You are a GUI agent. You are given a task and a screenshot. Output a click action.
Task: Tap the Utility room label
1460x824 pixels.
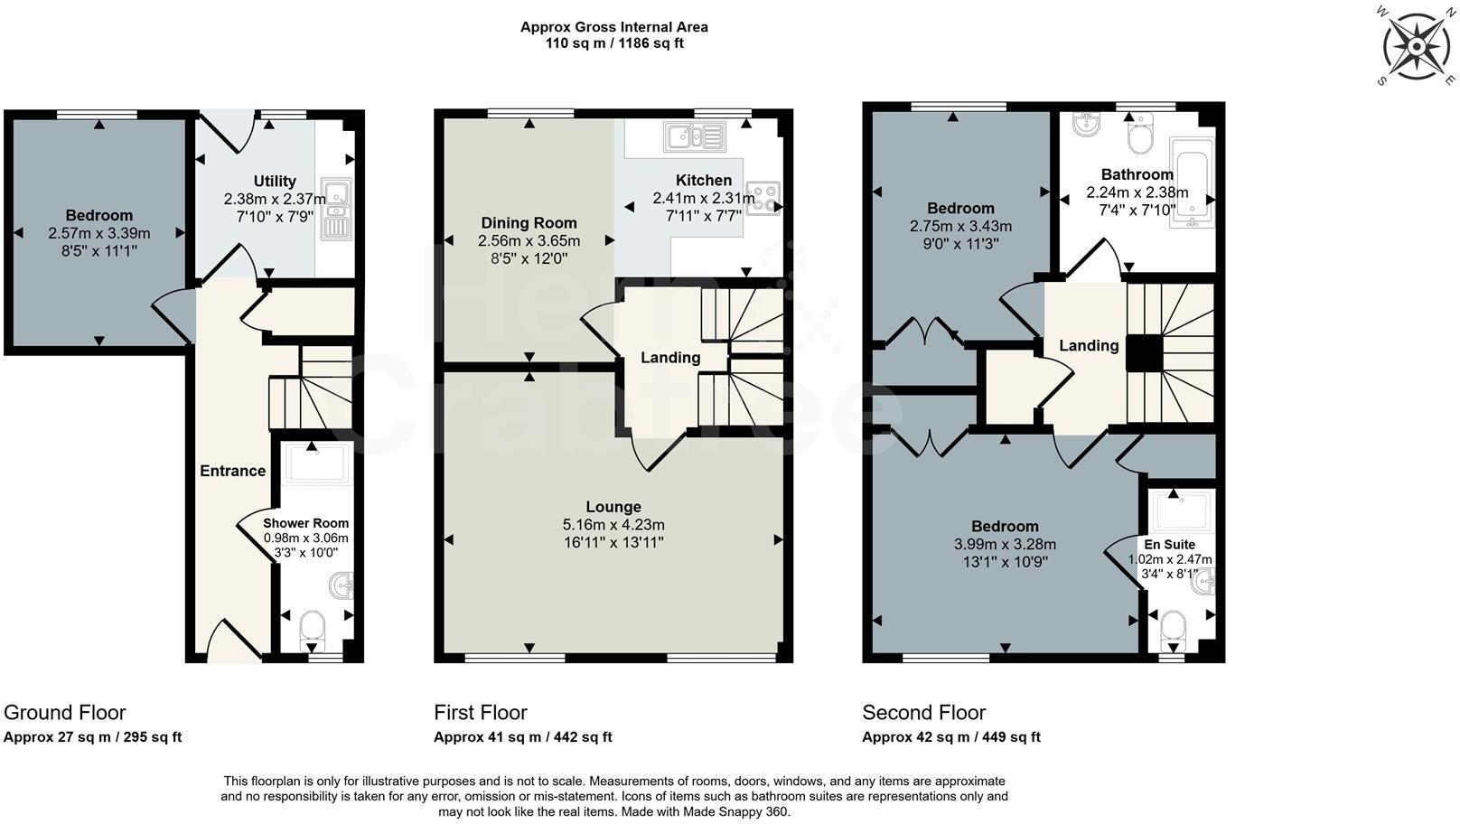(x=275, y=182)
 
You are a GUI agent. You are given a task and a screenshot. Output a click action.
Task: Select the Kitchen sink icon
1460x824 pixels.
(x=694, y=137)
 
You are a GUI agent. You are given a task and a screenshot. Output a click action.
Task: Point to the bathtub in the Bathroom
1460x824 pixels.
(x=1192, y=183)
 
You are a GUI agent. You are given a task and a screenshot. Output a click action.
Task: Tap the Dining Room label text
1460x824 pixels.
(x=529, y=223)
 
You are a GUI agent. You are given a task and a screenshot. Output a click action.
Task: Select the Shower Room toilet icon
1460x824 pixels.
(x=312, y=629)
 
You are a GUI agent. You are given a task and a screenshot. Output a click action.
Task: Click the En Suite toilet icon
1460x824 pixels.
(x=1173, y=629)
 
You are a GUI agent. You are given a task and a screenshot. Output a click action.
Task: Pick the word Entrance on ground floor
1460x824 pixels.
(x=232, y=471)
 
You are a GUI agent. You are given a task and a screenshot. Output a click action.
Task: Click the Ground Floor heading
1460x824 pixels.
(x=65, y=712)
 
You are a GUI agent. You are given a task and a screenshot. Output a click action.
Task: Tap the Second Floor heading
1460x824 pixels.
(x=923, y=712)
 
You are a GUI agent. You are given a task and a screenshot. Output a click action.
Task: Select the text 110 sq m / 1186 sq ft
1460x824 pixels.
(x=613, y=43)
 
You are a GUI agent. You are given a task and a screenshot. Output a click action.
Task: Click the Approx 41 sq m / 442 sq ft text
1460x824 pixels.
(x=522, y=737)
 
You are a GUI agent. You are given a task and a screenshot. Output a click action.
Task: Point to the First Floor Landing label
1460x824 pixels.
(x=670, y=358)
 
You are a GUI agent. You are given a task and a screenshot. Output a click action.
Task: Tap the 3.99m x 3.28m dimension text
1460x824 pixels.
(x=1005, y=545)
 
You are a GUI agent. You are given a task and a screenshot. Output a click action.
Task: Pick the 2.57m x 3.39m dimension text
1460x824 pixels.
(x=99, y=233)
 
